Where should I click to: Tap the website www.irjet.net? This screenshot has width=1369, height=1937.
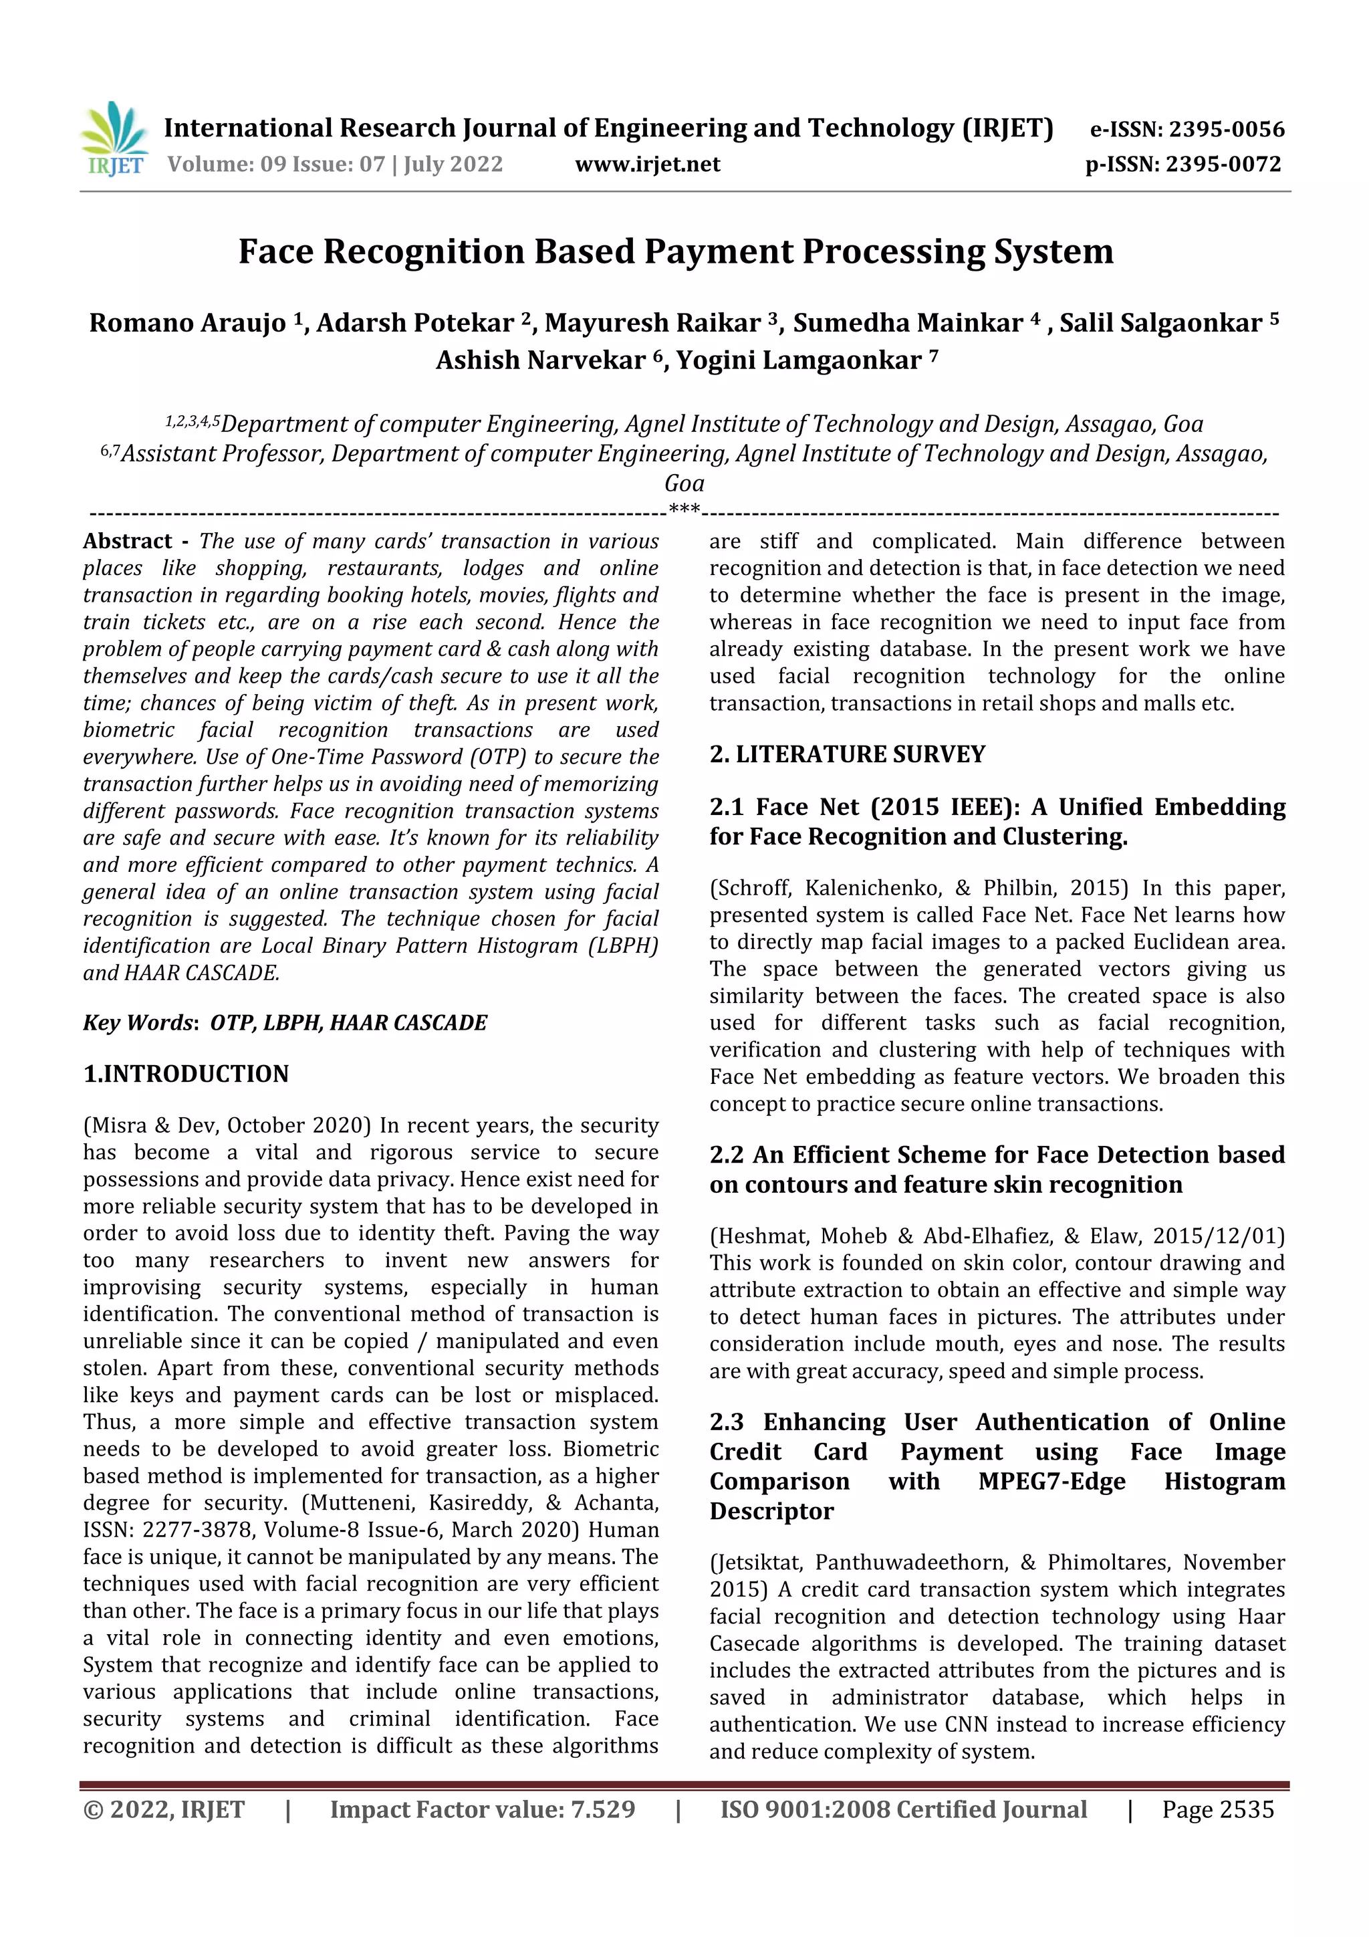point(647,164)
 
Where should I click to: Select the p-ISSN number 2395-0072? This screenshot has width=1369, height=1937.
point(1223,164)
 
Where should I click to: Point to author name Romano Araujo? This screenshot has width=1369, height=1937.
point(187,323)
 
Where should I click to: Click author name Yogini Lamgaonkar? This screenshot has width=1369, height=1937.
point(798,360)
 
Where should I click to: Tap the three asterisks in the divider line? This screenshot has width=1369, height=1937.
point(683,509)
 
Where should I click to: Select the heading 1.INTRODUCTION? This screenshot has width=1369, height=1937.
point(186,1074)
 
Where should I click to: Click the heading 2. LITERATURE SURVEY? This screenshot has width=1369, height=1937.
point(847,754)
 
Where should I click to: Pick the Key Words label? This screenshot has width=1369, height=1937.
point(140,1022)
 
